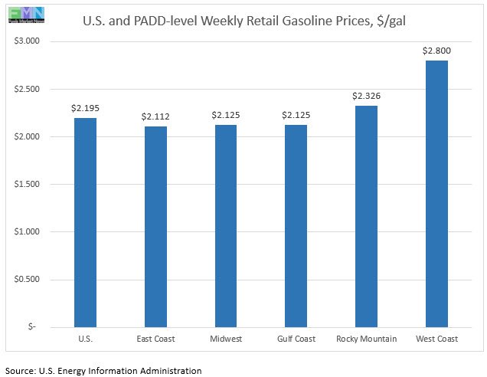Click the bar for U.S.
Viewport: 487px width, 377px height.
(x=85, y=222)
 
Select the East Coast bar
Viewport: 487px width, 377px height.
(x=155, y=226)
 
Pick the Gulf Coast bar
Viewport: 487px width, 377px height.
(x=296, y=225)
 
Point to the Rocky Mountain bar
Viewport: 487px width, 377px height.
(x=366, y=216)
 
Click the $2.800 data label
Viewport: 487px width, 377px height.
(x=436, y=51)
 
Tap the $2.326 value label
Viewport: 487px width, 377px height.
(x=366, y=96)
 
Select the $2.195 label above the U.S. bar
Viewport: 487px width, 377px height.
(x=85, y=108)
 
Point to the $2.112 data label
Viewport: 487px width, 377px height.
(x=155, y=116)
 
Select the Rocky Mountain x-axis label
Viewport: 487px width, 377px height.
(x=366, y=339)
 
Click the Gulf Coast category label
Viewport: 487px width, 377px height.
(x=296, y=339)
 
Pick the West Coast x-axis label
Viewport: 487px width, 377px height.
(x=436, y=339)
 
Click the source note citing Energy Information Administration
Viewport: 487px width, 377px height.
(x=103, y=370)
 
